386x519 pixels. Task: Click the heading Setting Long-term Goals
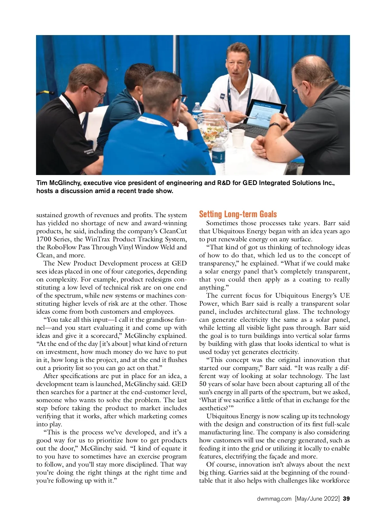[x=238, y=214]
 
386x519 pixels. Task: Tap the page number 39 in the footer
[x=346, y=499]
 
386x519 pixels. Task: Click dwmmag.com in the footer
[x=274, y=499]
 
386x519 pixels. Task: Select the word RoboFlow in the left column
[x=60, y=247]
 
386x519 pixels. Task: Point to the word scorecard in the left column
[x=105, y=336]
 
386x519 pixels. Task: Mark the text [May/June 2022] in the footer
[x=317, y=499]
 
